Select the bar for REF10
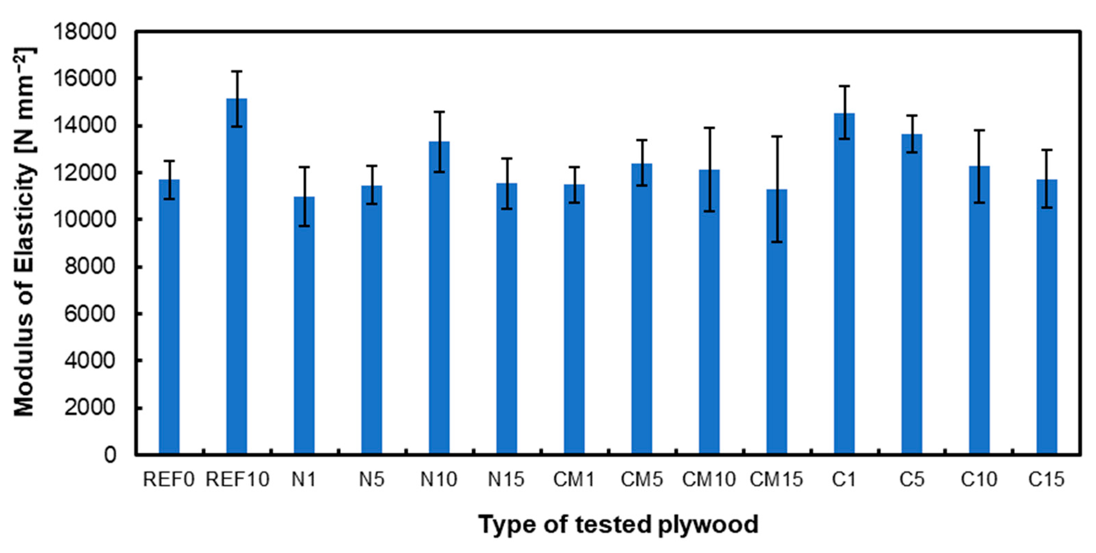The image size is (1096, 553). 237,276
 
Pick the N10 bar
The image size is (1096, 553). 439,298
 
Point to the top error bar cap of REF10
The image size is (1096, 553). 237,71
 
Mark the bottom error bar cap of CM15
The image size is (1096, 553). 777,242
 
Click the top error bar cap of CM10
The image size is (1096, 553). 709,128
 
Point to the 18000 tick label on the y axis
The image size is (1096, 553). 84,32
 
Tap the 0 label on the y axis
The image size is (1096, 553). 110,455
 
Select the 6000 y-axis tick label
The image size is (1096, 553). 89,314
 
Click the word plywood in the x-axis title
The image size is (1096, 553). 708,525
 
